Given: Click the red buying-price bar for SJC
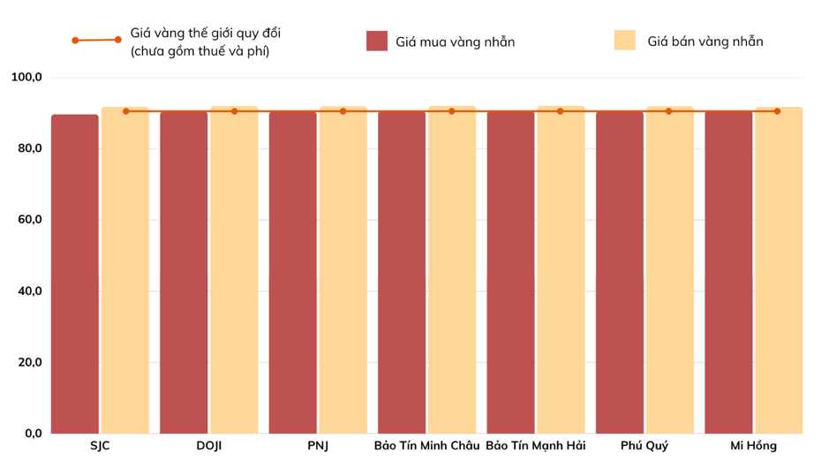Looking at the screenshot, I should [x=75, y=274].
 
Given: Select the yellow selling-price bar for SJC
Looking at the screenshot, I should [x=124, y=274].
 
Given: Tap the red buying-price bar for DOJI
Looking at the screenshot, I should [x=184, y=274].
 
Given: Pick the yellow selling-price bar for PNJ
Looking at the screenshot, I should [x=343, y=274].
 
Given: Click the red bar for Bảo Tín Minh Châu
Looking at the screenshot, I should [x=402, y=274].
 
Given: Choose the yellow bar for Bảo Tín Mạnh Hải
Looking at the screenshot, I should [x=561, y=274].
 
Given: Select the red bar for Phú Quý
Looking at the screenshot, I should [x=620, y=274].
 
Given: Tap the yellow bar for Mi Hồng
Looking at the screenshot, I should [x=779, y=274].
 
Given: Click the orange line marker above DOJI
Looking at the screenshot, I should [x=235, y=111].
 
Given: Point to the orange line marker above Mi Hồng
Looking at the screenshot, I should [x=777, y=111].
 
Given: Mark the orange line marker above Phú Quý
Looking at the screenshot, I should [x=668, y=111].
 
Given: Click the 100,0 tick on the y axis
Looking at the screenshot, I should [x=26, y=78].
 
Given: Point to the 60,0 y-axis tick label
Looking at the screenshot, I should [x=26, y=220].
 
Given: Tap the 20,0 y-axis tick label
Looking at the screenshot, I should [x=26, y=362].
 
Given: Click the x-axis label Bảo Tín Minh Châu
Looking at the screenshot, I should [x=426, y=445].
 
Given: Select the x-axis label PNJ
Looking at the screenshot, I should [x=318, y=445].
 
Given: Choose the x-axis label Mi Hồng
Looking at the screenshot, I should [x=753, y=445].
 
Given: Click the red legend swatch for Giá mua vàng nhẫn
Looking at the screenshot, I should [x=377, y=42].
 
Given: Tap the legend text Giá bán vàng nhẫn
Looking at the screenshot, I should [x=705, y=42].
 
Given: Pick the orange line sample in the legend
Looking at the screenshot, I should [x=96, y=40].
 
